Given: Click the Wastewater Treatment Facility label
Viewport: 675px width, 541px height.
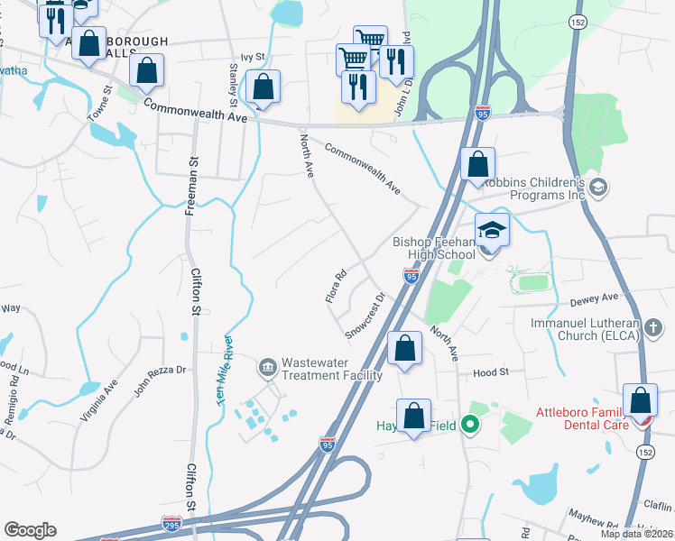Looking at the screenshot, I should tap(332, 369).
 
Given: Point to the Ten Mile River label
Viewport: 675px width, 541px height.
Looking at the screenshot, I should tap(226, 371).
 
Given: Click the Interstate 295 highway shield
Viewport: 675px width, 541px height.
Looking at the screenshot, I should tap(171, 523).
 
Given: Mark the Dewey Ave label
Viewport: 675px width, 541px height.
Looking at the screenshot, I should tap(598, 297).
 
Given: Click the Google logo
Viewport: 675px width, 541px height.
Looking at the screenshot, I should tap(30, 529).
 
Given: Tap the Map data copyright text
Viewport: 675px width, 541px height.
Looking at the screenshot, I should tap(637, 533).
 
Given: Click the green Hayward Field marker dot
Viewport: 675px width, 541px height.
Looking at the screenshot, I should tap(468, 422).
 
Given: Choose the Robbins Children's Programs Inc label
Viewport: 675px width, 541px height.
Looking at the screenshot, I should tap(535, 188).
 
